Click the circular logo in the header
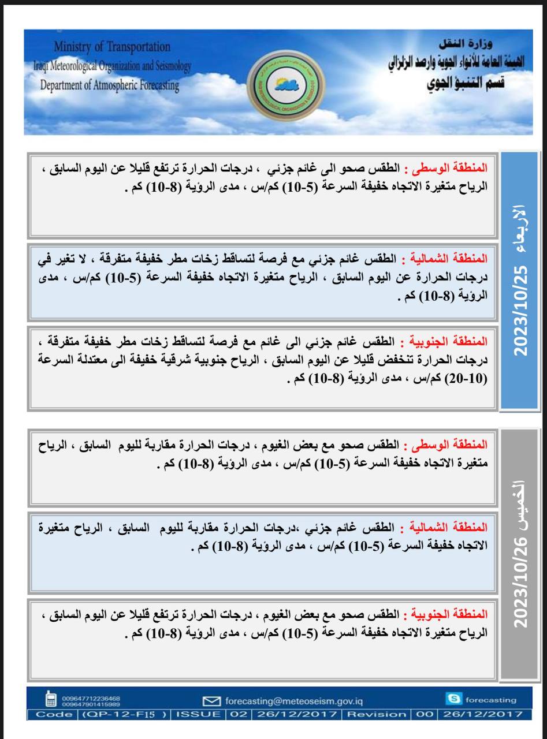[274, 85]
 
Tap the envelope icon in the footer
[212, 701]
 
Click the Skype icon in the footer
[453, 700]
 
